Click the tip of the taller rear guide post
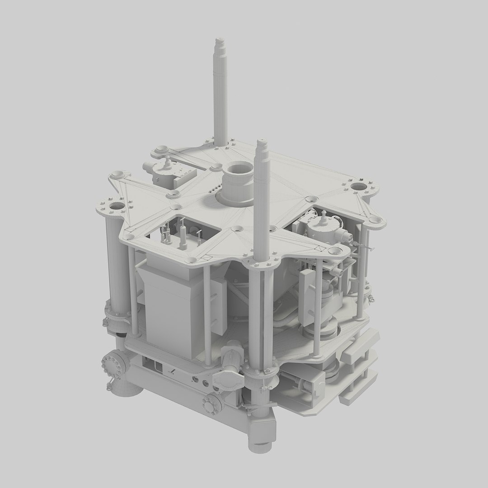coord(221,42)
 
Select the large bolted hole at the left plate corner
coord(116,207)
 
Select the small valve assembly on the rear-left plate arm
coord(164,170)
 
